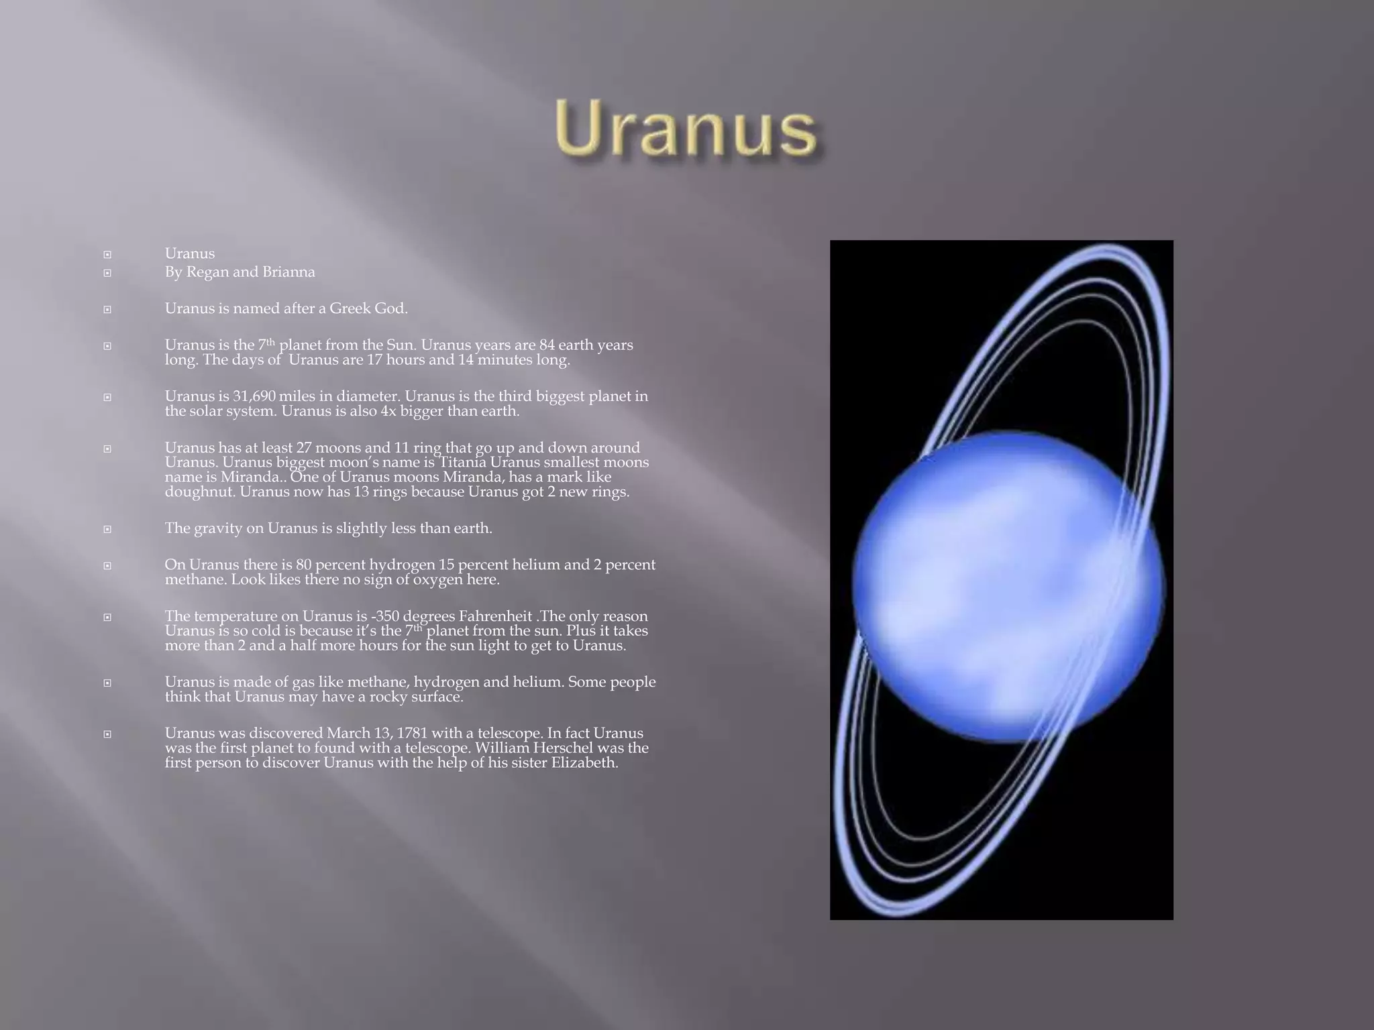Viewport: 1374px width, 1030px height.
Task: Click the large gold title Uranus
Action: [686, 130]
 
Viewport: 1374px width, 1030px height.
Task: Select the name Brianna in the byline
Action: [288, 272]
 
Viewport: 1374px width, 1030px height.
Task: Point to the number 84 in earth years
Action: [548, 345]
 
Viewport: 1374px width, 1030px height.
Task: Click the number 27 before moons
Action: [304, 448]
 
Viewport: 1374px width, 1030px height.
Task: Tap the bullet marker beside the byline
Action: [107, 273]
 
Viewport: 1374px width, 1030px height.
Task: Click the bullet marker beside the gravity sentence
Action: [107, 529]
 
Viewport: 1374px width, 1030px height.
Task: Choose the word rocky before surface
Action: [392, 697]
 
